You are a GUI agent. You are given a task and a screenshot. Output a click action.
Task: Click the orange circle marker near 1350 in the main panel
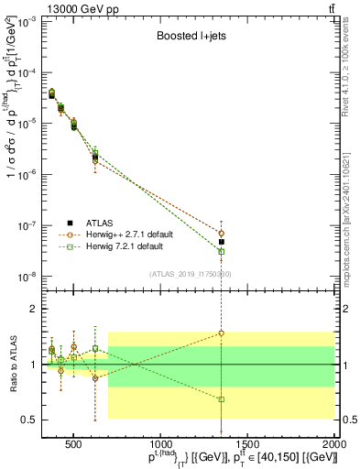pos(221,233)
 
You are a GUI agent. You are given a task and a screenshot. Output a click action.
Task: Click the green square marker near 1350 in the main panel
pos(221,252)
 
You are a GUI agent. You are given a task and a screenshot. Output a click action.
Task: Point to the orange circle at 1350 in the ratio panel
pos(221,333)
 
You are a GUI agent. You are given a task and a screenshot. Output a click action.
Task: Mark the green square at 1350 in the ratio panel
pos(221,399)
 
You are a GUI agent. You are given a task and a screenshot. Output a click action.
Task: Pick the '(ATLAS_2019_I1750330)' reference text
pos(190,274)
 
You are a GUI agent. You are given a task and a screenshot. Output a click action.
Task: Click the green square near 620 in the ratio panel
pos(95,348)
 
